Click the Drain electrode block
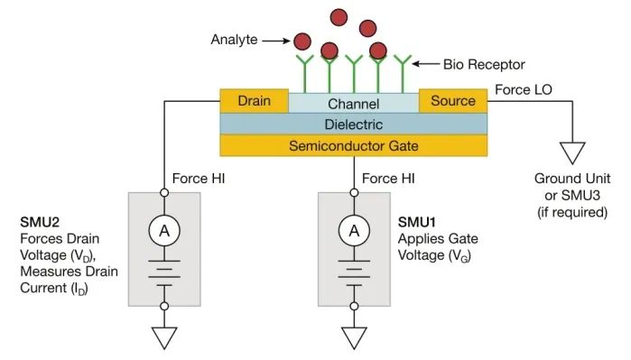[x=254, y=101]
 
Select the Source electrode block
[x=452, y=101]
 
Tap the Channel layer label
[x=353, y=104]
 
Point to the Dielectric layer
[x=354, y=124]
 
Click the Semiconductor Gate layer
[x=354, y=145]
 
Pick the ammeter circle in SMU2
[x=164, y=232]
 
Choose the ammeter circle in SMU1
[x=354, y=232]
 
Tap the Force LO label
[x=524, y=90]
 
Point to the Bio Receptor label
[x=484, y=65]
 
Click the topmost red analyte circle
[x=340, y=16]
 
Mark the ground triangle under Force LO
[x=571, y=151]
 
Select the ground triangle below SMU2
[x=164, y=337]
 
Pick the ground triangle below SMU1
[x=354, y=337]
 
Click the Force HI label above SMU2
[x=198, y=178]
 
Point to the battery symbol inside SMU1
[x=354, y=272]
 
